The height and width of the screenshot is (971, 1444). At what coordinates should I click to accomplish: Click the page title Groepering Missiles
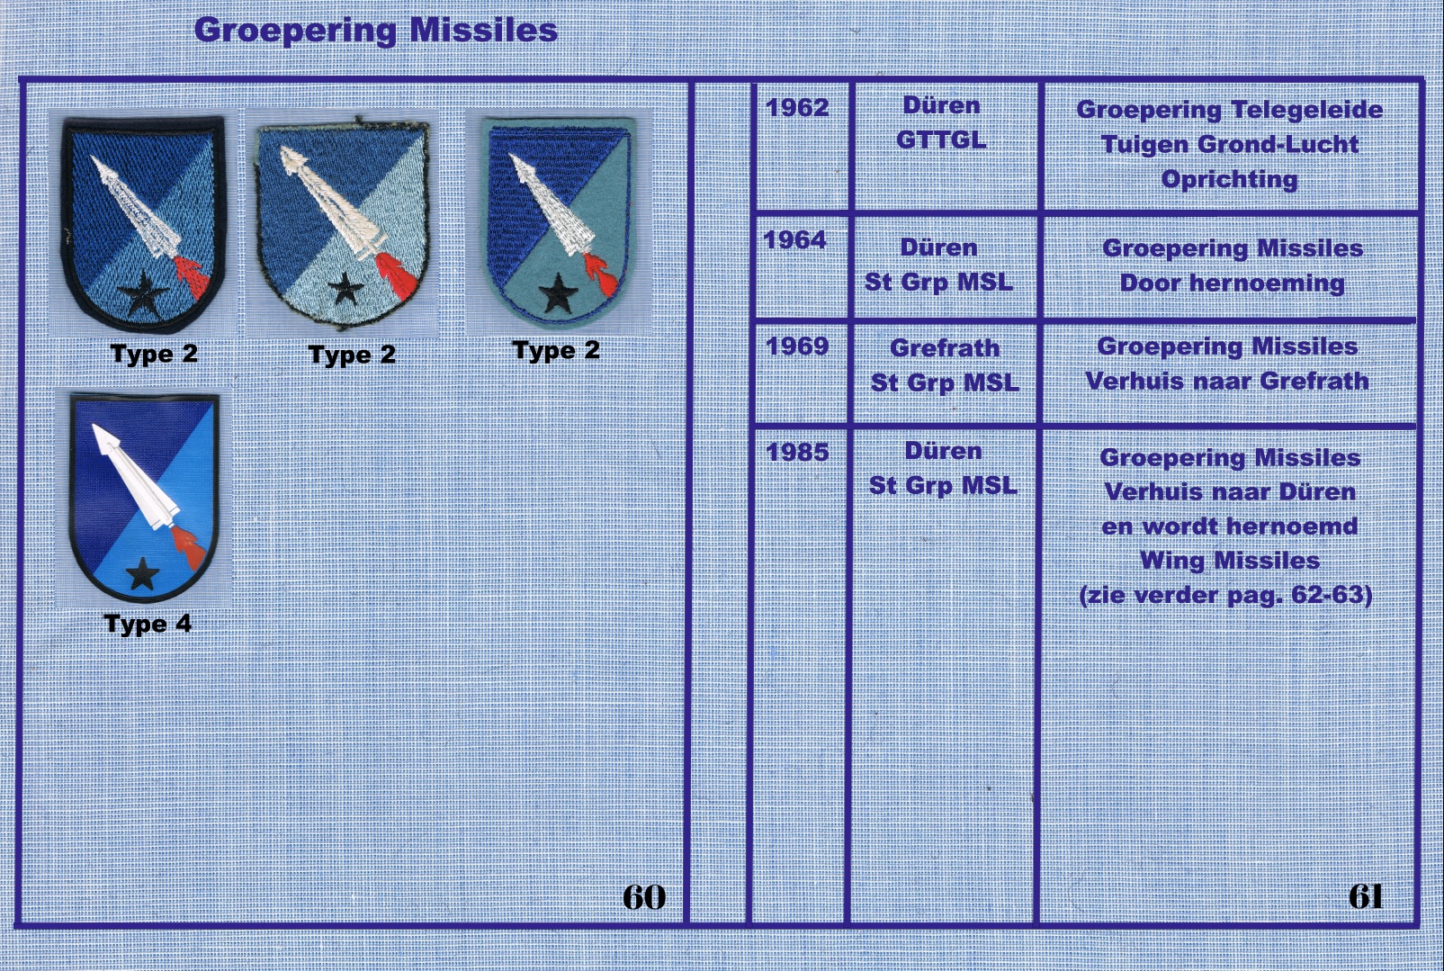[x=376, y=31]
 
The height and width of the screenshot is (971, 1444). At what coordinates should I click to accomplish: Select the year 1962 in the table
[x=797, y=107]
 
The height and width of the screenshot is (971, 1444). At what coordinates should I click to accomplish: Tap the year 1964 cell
[x=794, y=240]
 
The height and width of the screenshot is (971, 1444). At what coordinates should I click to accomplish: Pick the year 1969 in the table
[x=797, y=346]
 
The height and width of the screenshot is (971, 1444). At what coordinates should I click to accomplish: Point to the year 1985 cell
[x=797, y=452]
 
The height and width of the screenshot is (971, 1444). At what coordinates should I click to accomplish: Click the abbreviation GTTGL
[x=941, y=139]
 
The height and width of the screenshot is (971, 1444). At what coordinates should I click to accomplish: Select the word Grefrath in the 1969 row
[x=945, y=348]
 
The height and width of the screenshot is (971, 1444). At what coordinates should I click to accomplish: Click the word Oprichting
[x=1229, y=179]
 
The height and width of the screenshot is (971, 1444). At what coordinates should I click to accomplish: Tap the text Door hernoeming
[x=1232, y=283]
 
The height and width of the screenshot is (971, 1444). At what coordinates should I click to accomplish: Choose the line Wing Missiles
[x=1230, y=561]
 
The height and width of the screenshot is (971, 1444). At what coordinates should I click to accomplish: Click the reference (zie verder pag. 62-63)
[x=1226, y=595]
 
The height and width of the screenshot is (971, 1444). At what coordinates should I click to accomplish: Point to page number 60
[x=644, y=897]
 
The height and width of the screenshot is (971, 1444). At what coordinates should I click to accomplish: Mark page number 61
[x=1366, y=897]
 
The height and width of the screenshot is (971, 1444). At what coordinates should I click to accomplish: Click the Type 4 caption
[x=148, y=625]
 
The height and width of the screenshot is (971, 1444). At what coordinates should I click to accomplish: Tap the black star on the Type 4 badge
[x=142, y=574]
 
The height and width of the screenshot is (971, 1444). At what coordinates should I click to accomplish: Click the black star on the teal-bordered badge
[x=559, y=293]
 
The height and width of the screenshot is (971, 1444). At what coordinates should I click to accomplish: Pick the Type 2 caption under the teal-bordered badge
[x=556, y=351]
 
